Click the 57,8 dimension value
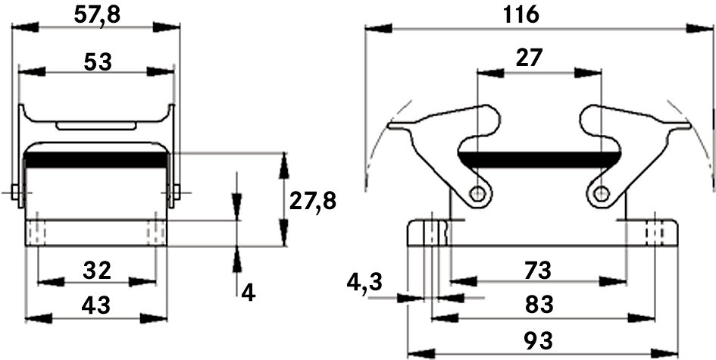click(x=97, y=15)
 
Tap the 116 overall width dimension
click(x=521, y=15)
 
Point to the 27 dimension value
click(x=530, y=58)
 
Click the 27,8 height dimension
click(x=313, y=201)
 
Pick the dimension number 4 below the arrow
click(x=248, y=293)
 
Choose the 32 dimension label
click(x=97, y=271)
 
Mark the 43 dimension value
click(x=96, y=305)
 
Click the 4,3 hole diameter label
click(x=364, y=283)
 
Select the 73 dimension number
click(x=539, y=271)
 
